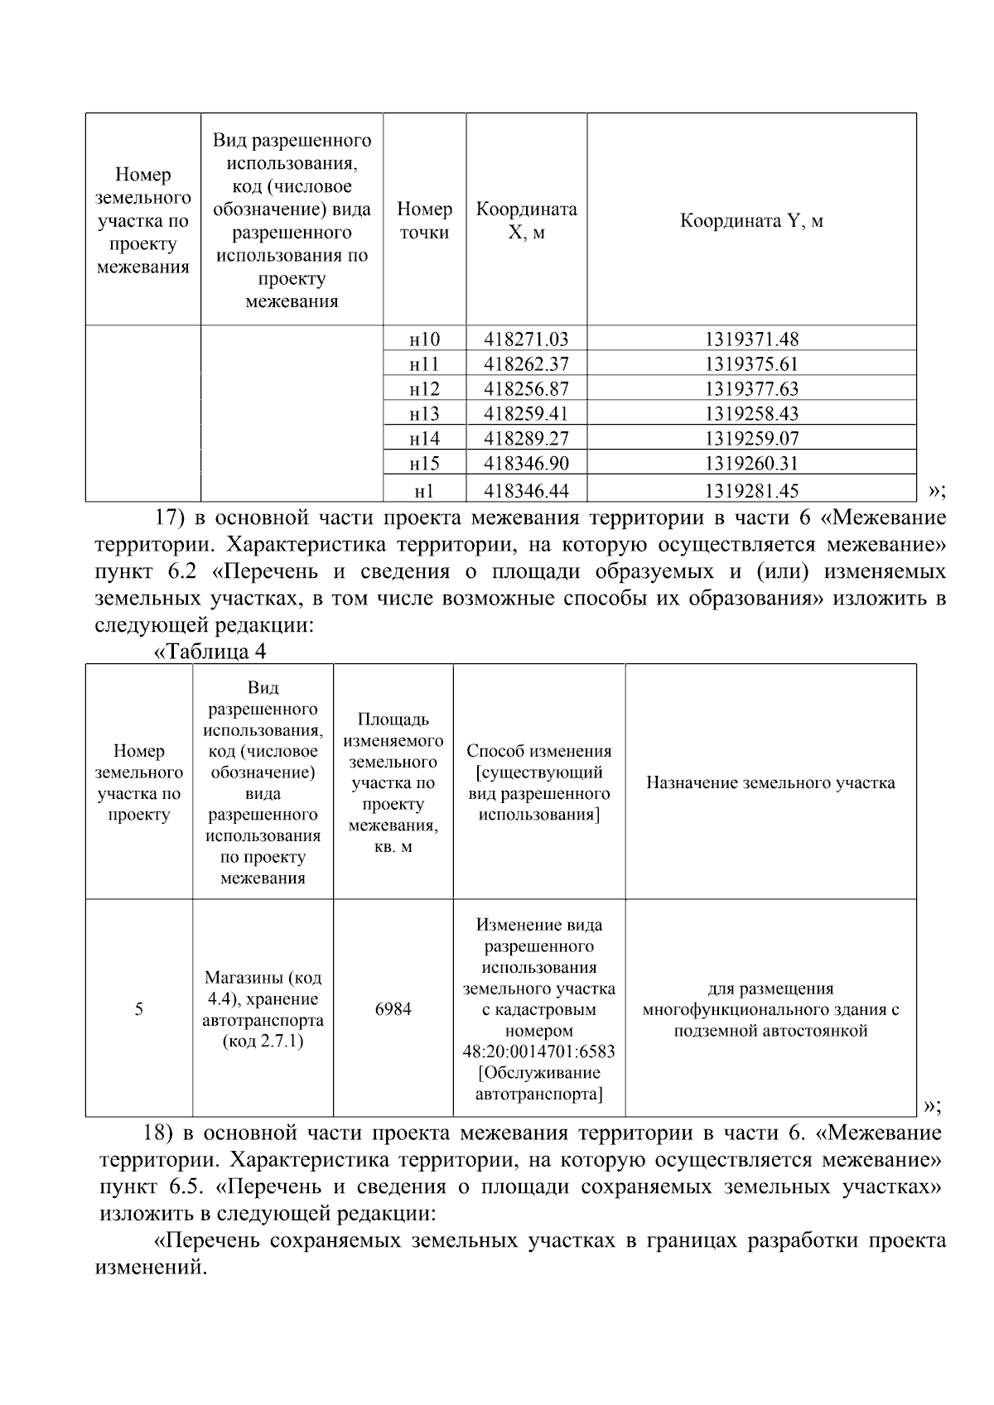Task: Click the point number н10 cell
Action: (424, 339)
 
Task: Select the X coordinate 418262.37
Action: (526, 364)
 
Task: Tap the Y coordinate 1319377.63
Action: (751, 389)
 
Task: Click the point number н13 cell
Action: (424, 414)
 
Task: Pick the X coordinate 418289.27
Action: (526, 439)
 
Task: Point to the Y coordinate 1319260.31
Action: (751, 464)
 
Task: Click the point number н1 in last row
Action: (424, 491)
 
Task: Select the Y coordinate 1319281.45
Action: (751, 491)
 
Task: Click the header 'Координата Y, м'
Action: (751, 221)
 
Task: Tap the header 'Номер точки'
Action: (424, 221)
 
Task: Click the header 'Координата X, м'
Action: (526, 221)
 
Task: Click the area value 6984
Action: (393, 1009)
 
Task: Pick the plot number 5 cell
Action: (138, 1009)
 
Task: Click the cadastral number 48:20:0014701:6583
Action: (538, 1052)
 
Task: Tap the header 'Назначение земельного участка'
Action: (770, 783)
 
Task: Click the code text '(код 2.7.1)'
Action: (263, 1042)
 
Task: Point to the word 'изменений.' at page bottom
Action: (150, 1268)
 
